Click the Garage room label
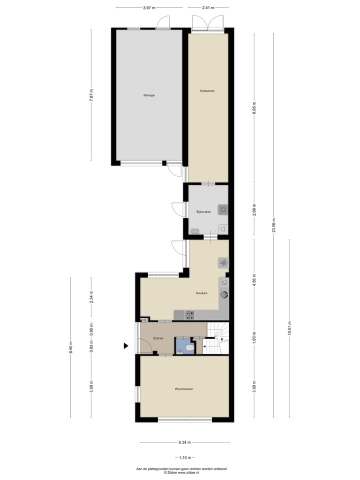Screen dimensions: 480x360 pyautogui.click(x=148, y=95)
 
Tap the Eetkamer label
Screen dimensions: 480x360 pyautogui.click(x=207, y=90)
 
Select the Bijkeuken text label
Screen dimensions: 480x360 pyautogui.click(x=204, y=212)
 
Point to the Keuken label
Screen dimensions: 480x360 pyautogui.click(x=201, y=293)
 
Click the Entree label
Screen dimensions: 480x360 pyautogui.click(x=158, y=338)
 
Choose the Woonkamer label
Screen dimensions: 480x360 pyautogui.click(x=184, y=388)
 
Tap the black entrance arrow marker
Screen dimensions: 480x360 pyautogui.click(x=127, y=345)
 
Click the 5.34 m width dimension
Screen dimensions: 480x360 pyautogui.click(x=184, y=442)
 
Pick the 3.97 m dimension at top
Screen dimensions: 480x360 pyautogui.click(x=148, y=7)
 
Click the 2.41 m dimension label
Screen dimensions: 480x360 pyautogui.click(x=208, y=7)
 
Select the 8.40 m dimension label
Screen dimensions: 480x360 pyautogui.click(x=70, y=347)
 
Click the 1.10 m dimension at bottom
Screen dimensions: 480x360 pyautogui.click(x=184, y=458)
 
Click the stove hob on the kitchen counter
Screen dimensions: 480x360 pyautogui.click(x=190, y=314)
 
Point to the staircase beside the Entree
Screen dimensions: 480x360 pyautogui.click(x=216, y=338)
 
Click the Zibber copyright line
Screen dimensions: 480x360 pyautogui.click(x=181, y=472)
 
